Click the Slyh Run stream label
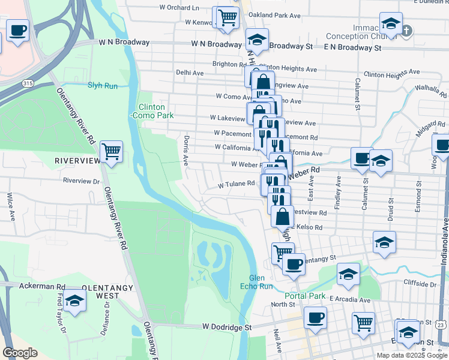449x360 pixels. tap(103, 85)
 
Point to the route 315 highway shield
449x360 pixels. tap(27, 82)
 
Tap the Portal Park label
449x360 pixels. tap(305, 296)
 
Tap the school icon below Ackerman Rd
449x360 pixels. tap(74, 300)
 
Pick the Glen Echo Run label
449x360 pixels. tap(261, 282)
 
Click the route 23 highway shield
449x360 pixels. tap(441, 324)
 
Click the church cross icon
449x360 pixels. tap(407, 30)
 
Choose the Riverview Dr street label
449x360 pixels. tap(81, 180)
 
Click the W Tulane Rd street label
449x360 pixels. tap(237, 185)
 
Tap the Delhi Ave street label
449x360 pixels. tap(190, 73)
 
